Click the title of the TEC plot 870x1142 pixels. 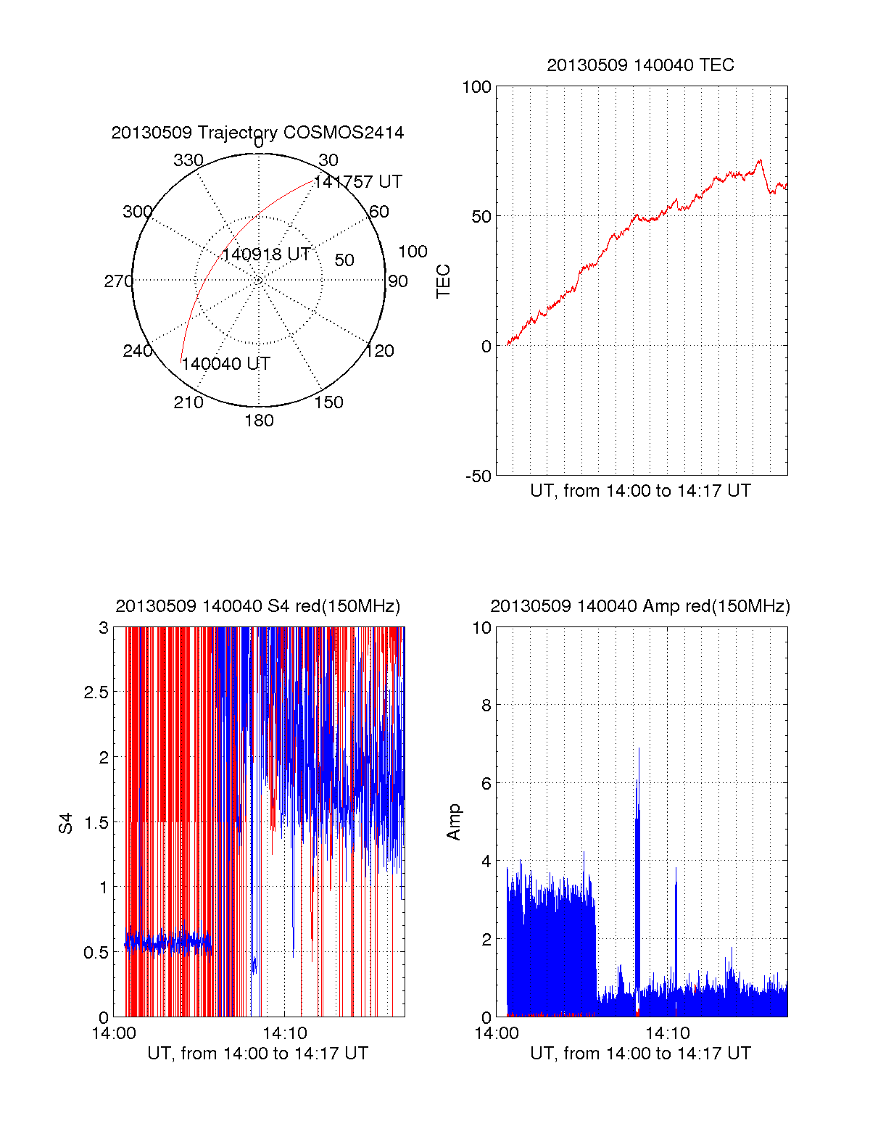pos(640,65)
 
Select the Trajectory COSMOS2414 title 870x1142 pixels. pos(257,133)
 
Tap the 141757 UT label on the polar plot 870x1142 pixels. pos(357,182)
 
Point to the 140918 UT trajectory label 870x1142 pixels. pos(266,255)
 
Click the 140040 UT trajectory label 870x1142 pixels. pos(225,364)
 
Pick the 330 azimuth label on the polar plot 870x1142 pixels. pos(188,160)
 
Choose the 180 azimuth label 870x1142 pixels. pos(259,421)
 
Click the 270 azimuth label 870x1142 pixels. pos(118,281)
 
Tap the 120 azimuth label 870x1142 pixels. pos(380,351)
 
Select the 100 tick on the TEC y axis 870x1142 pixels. pos(476,87)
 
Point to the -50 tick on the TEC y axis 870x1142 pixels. pos(478,476)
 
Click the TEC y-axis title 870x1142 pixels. pos(443,281)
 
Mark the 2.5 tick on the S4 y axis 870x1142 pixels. pos(96,692)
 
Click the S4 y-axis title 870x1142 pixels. pos(66,823)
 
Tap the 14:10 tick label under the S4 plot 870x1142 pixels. pos(284,1033)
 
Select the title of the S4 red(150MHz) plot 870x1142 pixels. pos(257,606)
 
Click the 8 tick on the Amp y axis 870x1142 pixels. pos(486,705)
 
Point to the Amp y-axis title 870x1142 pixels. pos(453,822)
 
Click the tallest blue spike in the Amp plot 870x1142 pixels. pos(639,750)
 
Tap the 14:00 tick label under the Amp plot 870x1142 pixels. pos(496,1033)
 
